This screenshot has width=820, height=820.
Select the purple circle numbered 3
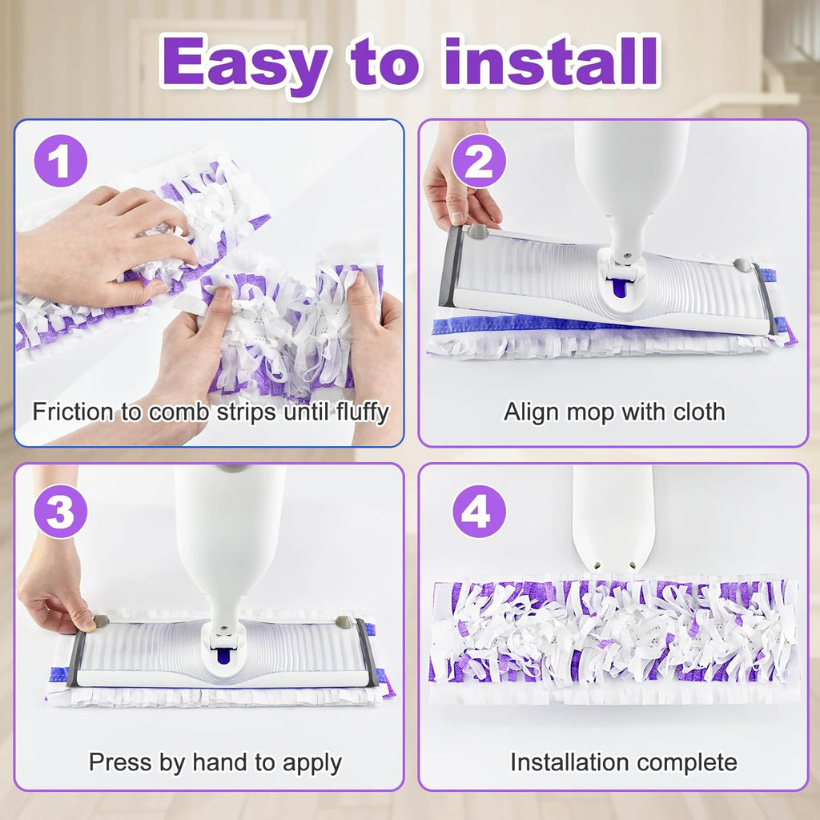tap(60, 511)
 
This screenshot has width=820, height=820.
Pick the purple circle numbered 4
tap(479, 511)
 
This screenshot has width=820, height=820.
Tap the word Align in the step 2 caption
tap(529, 412)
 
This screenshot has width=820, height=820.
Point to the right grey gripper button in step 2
tap(742, 264)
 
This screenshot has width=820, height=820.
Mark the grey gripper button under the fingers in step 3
tap(101, 621)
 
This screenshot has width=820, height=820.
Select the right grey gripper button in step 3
tap(344, 622)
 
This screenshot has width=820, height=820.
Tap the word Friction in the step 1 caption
tap(73, 412)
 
